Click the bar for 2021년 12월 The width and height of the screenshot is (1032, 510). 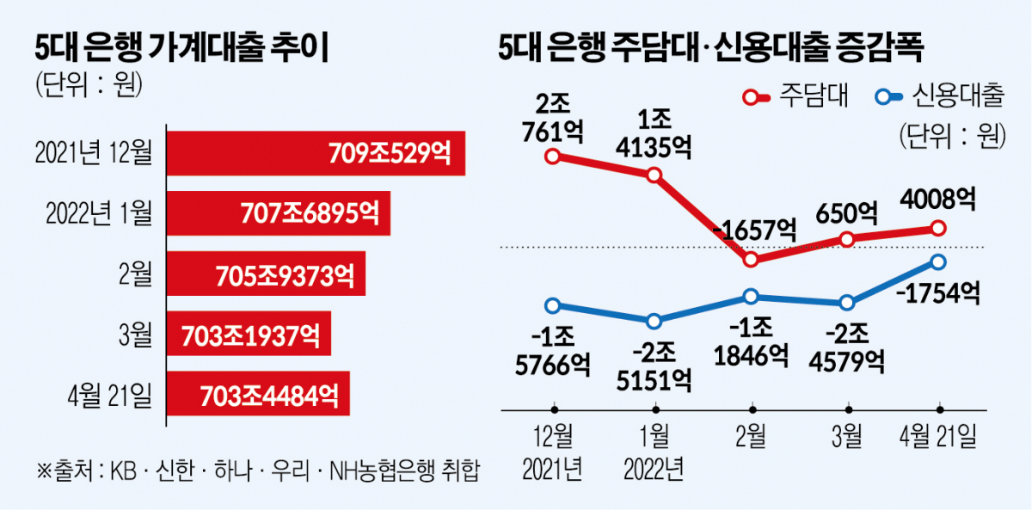coord(316,153)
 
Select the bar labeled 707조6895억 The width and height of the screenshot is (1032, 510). coord(278,213)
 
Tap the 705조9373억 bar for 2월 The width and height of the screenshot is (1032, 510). coord(266,274)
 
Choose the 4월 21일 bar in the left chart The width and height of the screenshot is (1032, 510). coord(258,396)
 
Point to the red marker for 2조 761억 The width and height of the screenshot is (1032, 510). coord(553,157)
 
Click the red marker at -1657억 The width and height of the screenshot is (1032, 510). coord(751,259)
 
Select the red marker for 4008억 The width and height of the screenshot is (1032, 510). coord(938,228)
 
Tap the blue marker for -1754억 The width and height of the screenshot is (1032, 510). coord(938,261)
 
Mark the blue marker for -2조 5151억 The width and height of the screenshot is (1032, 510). coord(654,321)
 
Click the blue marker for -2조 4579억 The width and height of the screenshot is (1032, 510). coord(847,302)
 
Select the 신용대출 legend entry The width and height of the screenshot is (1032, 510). coord(937,96)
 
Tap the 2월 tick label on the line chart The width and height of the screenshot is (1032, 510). coord(751,438)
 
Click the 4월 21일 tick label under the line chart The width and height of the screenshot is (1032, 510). coord(938,438)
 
